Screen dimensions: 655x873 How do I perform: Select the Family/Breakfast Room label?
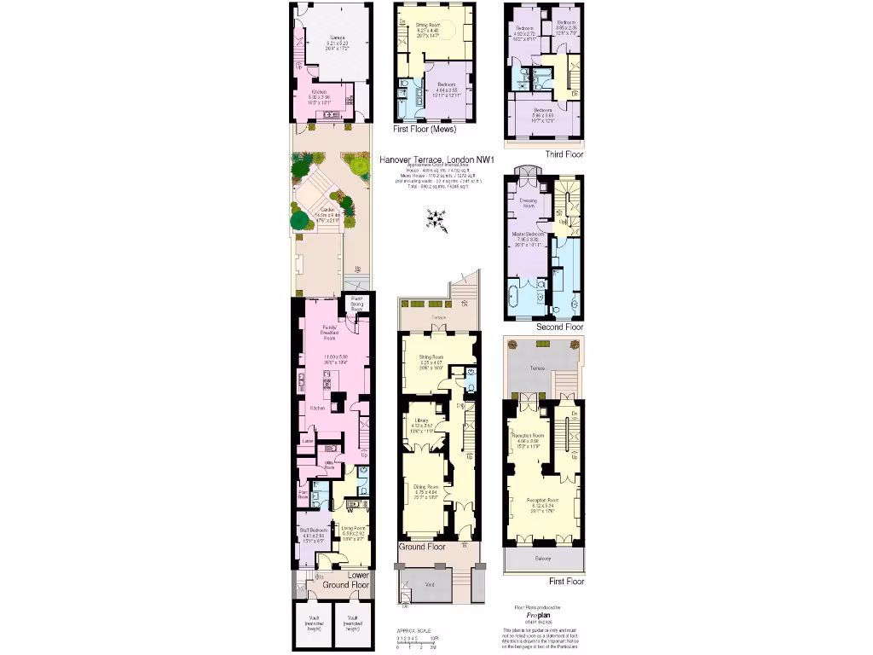point(329,331)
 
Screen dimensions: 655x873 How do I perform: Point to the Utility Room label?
point(329,465)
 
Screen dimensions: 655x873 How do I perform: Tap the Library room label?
point(421,420)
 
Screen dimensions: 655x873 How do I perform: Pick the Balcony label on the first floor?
point(543,558)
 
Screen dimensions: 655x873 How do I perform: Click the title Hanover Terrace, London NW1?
point(436,159)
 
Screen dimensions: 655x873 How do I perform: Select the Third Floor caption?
point(564,154)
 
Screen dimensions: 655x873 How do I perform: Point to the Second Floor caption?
point(559,327)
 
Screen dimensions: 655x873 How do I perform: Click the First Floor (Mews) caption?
point(425,130)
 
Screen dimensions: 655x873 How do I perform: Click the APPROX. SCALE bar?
point(418,637)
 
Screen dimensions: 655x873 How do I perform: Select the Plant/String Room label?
point(357,301)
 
